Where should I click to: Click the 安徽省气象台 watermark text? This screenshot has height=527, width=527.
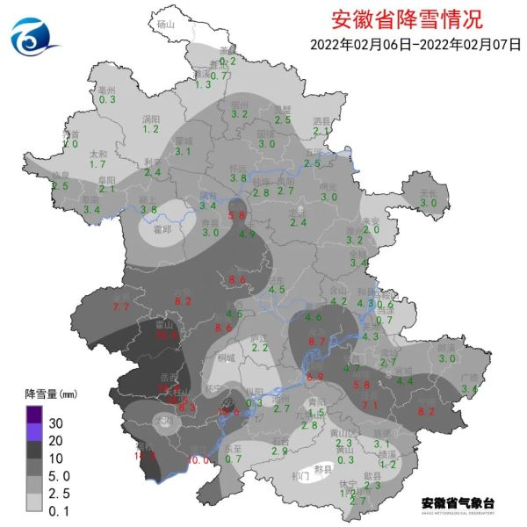(458, 503)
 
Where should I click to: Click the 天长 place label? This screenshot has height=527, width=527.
(428, 192)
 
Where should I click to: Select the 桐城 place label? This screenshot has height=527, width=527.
(227, 357)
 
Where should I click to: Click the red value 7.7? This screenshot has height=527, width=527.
(121, 307)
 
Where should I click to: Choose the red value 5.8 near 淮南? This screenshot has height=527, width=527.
(236, 215)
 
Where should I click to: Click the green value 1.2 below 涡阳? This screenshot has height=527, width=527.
(150, 129)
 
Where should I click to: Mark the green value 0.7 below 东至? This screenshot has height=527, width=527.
(234, 458)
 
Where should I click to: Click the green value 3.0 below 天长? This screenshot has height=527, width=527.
(429, 204)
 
